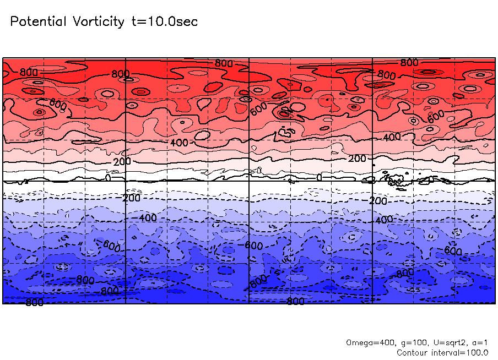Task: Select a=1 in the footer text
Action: [479, 342]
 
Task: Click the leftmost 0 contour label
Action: [108, 177]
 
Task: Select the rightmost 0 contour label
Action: [319, 177]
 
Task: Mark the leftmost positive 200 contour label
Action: [122, 161]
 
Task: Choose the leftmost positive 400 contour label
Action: [179, 143]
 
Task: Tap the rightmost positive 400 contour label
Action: [392, 137]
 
